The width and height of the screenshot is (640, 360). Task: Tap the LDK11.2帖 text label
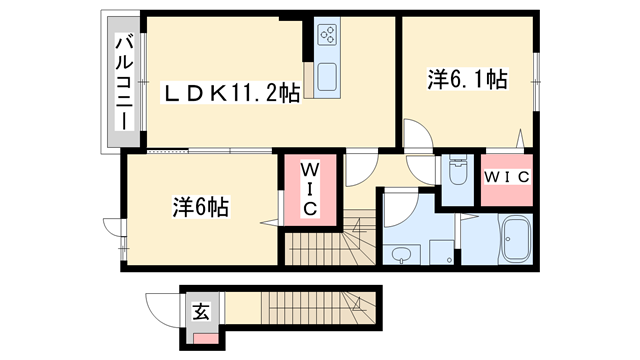[232, 93]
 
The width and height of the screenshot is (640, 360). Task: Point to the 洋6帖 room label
[200, 208]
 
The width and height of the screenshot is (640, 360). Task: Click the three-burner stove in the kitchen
[327, 35]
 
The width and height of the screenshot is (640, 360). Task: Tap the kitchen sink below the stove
[327, 76]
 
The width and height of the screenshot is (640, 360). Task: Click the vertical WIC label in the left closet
[309, 189]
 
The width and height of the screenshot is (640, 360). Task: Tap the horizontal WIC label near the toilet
[506, 177]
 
